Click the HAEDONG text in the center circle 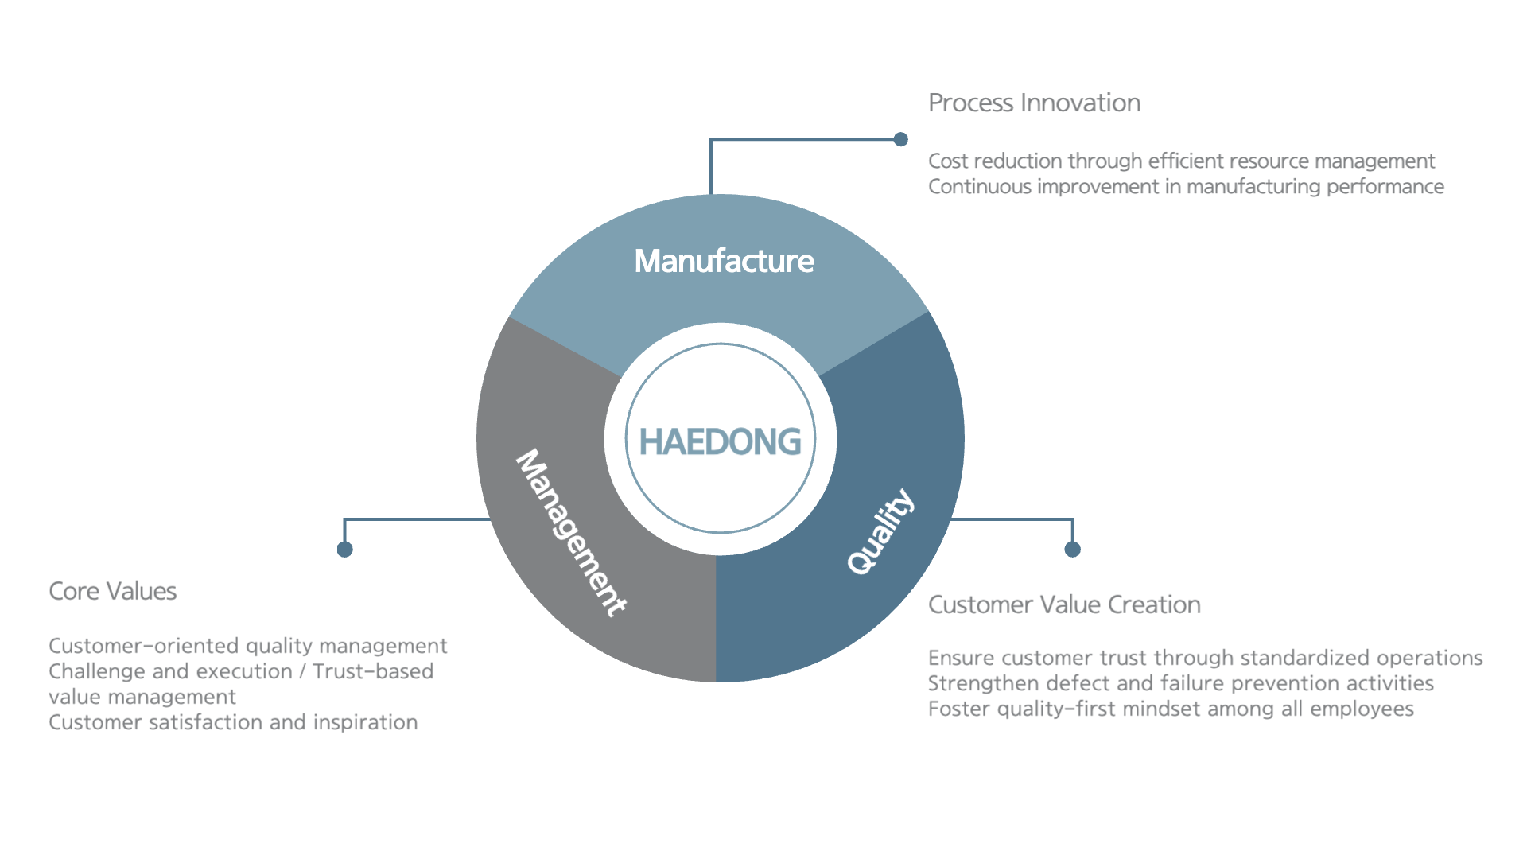pyautogui.click(x=720, y=441)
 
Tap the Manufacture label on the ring pyautogui.click(x=724, y=261)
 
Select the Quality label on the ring pyautogui.click(x=880, y=531)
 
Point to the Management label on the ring pyautogui.click(x=571, y=533)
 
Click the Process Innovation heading pyautogui.click(x=1034, y=103)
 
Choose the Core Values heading pyautogui.click(x=112, y=591)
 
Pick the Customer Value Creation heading pyautogui.click(x=1064, y=604)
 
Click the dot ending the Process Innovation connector pyautogui.click(x=900, y=139)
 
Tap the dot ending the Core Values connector pyautogui.click(x=344, y=550)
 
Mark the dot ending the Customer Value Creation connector pyautogui.click(x=1072, y=550)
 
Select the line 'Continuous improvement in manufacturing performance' pyautogui.click(x=1186, y=186)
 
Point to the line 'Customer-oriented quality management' pyautogui.click(x=247, y=646)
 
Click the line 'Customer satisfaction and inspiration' pyautogui.click(x=233, y=722)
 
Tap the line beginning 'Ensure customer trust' pyautogui.click(x=1205, y=658)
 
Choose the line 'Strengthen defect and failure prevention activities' pyautogui.click(x=1180, y=683)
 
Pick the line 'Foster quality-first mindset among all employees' pyautogui.click(x=1171, y=709)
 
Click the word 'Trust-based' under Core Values pyautogui.click(x=373, y=671)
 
